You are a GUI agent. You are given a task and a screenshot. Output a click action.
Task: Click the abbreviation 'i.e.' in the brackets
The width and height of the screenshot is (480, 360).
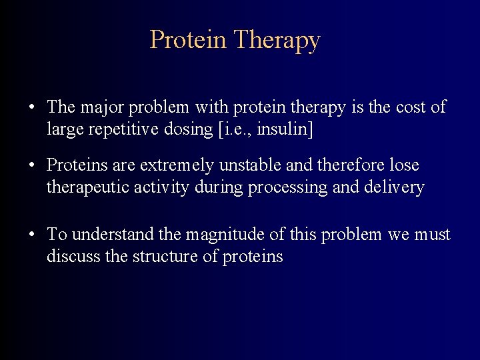(234, 129)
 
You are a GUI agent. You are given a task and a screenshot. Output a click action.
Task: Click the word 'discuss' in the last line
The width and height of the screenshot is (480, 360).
(69, 256)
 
